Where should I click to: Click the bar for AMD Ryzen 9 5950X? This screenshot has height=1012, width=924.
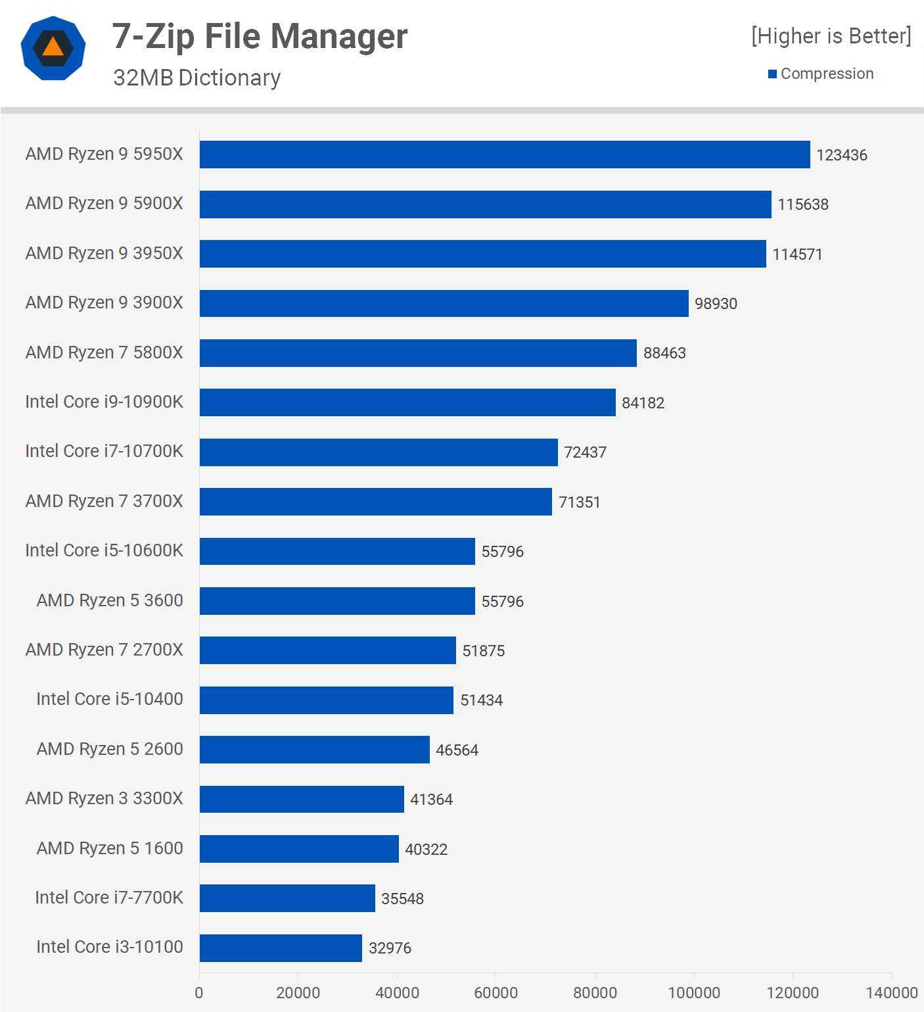click(505, 155)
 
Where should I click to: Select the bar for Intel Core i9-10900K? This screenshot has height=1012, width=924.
click(407, 402)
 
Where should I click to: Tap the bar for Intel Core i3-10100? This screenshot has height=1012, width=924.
click(281, 948)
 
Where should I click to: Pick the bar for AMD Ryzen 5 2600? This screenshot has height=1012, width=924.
click(314, 750)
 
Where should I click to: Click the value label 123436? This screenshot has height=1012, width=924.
click(841, 155)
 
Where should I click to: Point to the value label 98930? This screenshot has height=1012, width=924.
click(716, 304)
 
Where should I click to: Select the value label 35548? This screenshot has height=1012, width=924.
click(402, 899)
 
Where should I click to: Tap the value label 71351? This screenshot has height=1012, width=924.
click(579, 502)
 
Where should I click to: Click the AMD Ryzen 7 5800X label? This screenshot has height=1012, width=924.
click(104, 352)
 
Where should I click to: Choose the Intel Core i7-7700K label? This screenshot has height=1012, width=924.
click(108, 898)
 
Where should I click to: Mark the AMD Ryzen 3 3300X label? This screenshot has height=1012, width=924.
click(104, 798)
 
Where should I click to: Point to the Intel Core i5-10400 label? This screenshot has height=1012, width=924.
click(109, 699)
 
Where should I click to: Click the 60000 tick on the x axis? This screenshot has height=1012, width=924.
click(496, 992)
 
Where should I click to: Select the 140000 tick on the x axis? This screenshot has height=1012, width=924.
click(891, 992)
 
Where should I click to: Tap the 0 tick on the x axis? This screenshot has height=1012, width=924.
click(199, 992)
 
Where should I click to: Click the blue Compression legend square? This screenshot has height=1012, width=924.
click(772, 74)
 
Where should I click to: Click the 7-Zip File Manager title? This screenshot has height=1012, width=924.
click(260, 36)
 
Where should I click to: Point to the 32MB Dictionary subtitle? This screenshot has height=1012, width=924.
click(196, 78)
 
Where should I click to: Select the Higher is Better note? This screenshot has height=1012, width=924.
click(831, 36)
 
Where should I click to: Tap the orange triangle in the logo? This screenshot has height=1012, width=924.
click(53, 47)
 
